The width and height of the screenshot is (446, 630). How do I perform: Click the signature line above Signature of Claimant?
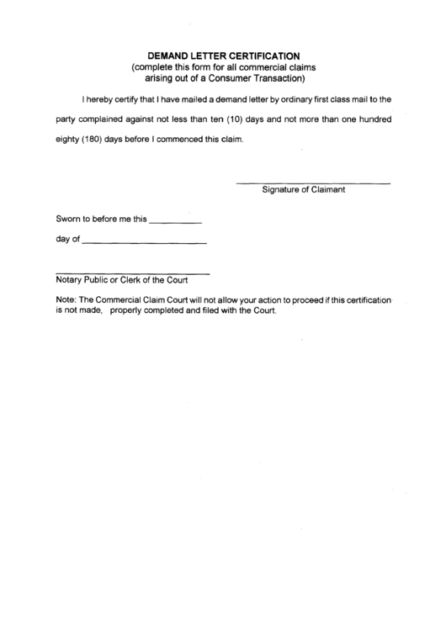pos(312,183)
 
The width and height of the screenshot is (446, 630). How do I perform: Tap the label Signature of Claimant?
pos(304,190)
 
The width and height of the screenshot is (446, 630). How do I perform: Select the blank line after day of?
pos(146,244)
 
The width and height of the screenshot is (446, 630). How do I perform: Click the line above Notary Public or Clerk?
pos(132,273)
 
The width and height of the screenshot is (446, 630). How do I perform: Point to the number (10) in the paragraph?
pos(237,119)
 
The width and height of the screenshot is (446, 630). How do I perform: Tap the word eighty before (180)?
pos(67,140)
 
